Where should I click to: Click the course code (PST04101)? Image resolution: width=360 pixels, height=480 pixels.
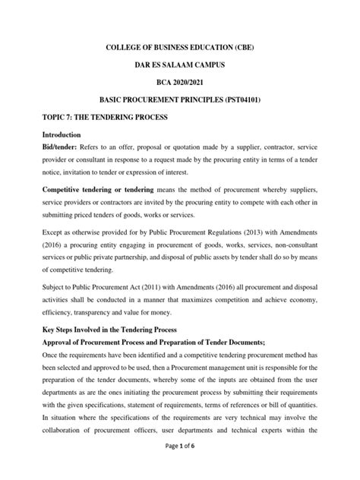tap(257, 99)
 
